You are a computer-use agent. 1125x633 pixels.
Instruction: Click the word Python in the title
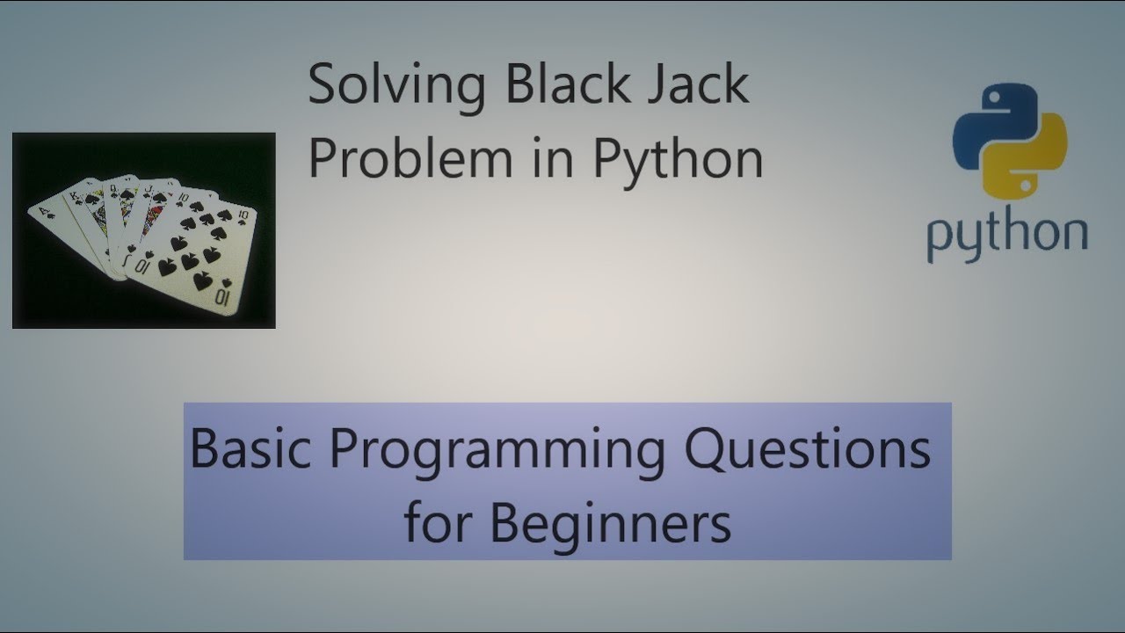click(677, 159)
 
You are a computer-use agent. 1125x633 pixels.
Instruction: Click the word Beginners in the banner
click(610, 522)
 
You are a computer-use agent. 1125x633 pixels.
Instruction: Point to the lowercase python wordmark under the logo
click(1007, 236)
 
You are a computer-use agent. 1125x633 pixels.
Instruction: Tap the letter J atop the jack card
click(149, 188)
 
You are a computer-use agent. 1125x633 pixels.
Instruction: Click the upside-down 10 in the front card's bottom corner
click(222, 297)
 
